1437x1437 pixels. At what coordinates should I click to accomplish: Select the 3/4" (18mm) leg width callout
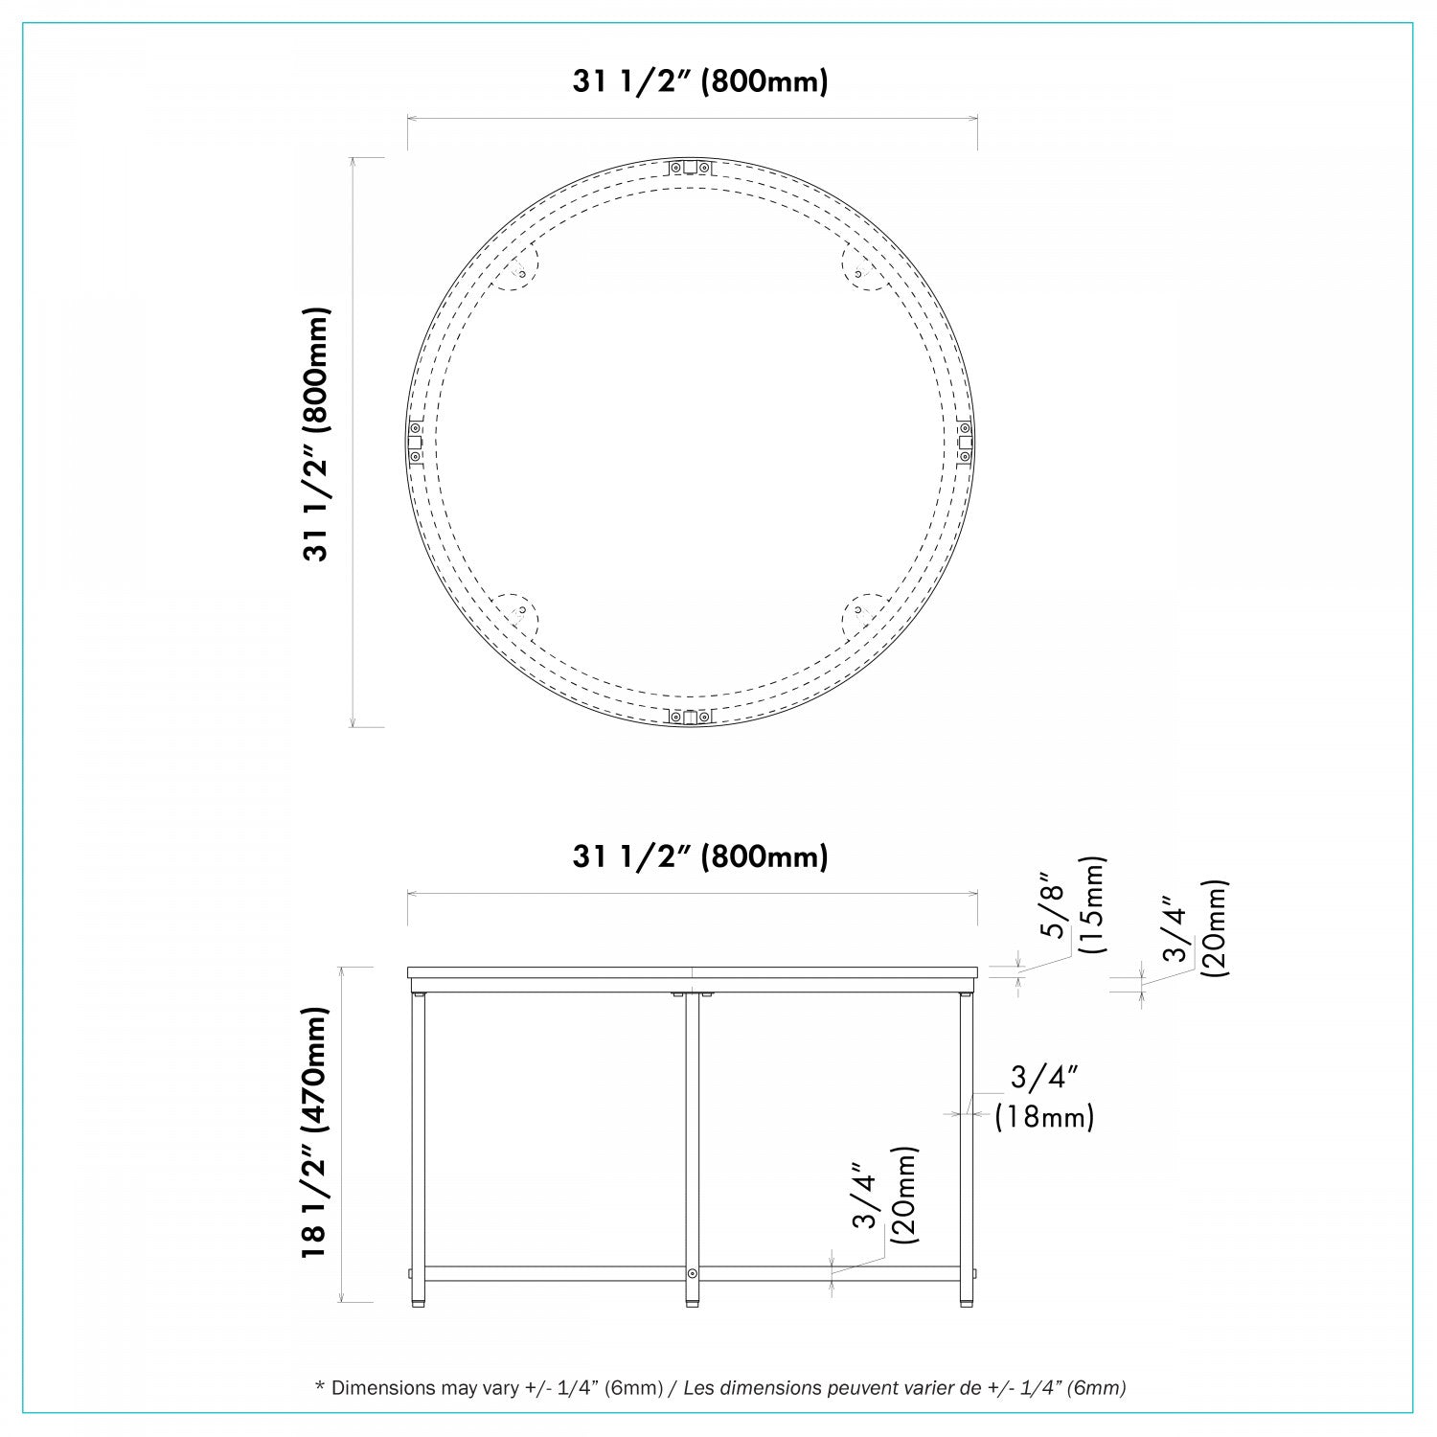[x=1044, y=1097]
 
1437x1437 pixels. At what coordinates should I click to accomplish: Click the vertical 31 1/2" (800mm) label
[x=317, y=434]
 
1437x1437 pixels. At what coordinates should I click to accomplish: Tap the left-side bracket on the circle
[x=416, y=442]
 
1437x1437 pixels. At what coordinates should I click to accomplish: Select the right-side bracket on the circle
[x=966, y=442]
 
